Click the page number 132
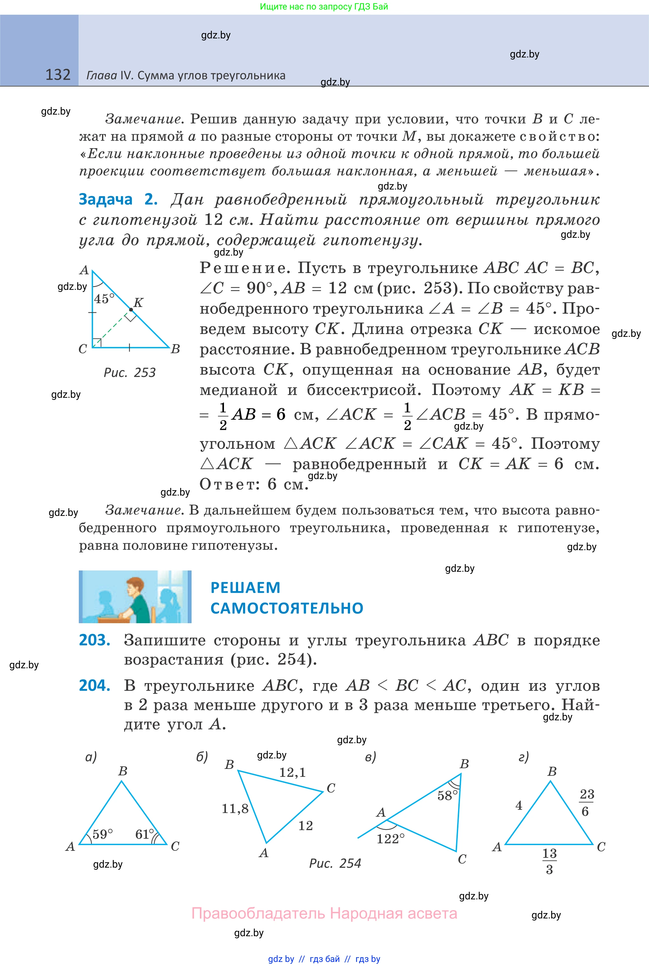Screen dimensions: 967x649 pyautogui.click(x=58, y=75)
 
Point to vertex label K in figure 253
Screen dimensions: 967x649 pyautogui.click(x=139, y=302)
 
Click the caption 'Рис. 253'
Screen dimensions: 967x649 pyautogui.click(x=130, y=373)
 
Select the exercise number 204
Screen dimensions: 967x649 pyautogui.click(x=94, y=685)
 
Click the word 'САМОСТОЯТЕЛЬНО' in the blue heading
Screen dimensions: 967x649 pyautogui.click(x=287, y=608)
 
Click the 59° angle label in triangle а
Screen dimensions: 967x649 pyautogui.click(x=102, y=834)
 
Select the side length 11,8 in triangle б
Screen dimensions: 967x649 pyautogui.click(x=235, y=809)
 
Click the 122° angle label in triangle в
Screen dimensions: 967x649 pyautogui.click(x=390, y=839)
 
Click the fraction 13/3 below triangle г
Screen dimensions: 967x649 pyautogui.click(x=549, y=862)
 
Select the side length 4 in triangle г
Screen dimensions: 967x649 pyautogui.click(x=519, y=805)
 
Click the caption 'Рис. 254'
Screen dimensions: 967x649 pyautogui.click(x=335, y=864)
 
